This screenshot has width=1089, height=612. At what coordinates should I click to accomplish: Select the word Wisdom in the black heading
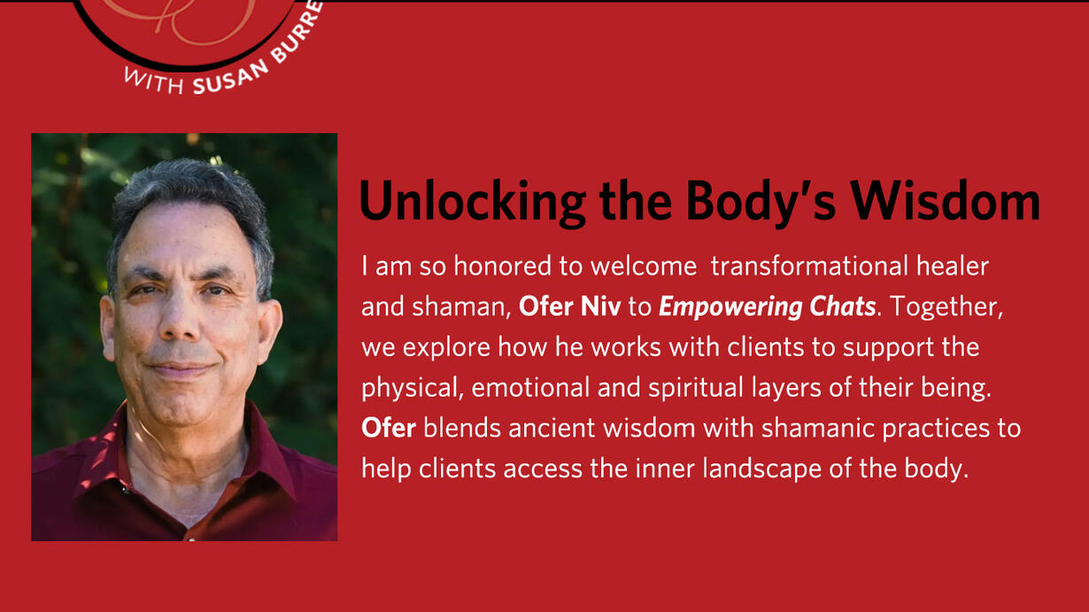point(945,201)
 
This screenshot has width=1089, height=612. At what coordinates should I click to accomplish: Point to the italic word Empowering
point(730,307)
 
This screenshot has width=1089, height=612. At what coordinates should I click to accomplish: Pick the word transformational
point(809,266)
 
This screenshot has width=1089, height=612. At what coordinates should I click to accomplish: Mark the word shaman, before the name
point(461,307)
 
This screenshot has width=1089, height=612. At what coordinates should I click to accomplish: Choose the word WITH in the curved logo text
point(154,81)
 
